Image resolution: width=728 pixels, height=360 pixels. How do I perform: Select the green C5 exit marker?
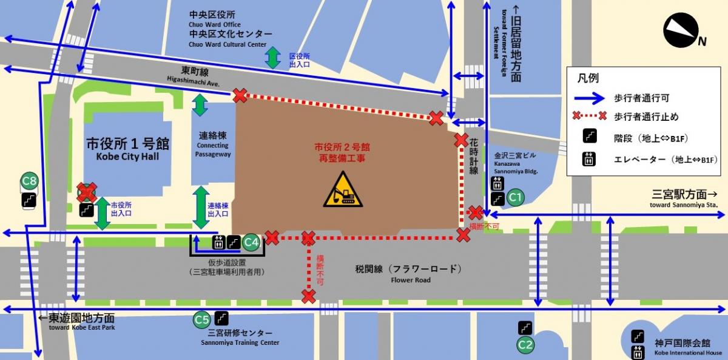click(201, 319)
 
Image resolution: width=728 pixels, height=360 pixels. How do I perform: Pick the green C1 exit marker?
click(515, 197)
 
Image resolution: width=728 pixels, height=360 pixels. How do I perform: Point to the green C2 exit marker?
click(525, 345)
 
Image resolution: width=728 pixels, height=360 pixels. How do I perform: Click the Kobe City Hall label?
click(127, 150)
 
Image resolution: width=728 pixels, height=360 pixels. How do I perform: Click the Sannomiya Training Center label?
click(240, 338)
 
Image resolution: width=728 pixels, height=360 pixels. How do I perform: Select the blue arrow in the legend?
click(591, 98)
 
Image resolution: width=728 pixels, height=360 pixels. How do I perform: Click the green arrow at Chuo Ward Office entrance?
click(272, 58)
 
